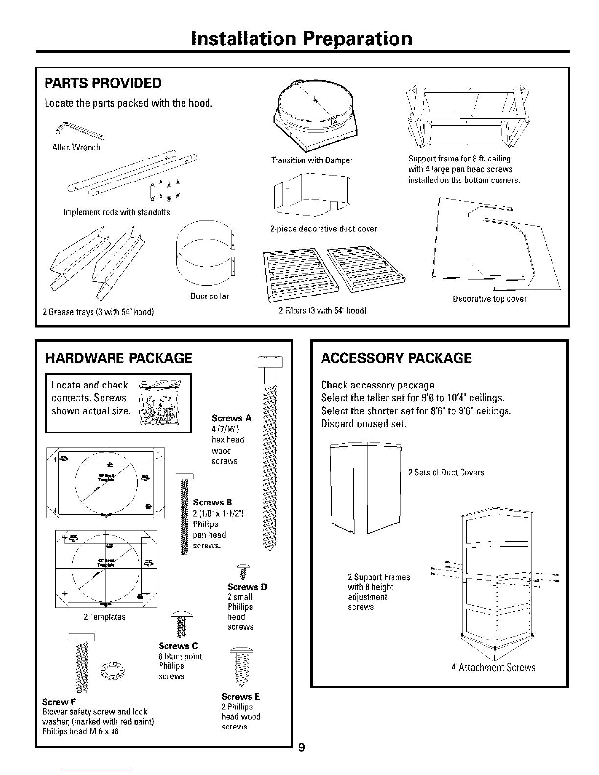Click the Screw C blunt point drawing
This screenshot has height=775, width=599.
[x=181, y=622]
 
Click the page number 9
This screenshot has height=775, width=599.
[x=302, y=747]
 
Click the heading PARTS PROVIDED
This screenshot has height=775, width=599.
[x=103, y=83]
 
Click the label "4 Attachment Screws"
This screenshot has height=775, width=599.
[x=493, y=668]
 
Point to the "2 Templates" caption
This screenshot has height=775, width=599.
[x=105, y=617]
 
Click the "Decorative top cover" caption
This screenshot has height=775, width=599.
[x=489, y=299]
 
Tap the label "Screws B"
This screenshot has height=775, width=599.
[x=212, y=502]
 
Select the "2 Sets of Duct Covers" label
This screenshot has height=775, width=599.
[x=446, y=472]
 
